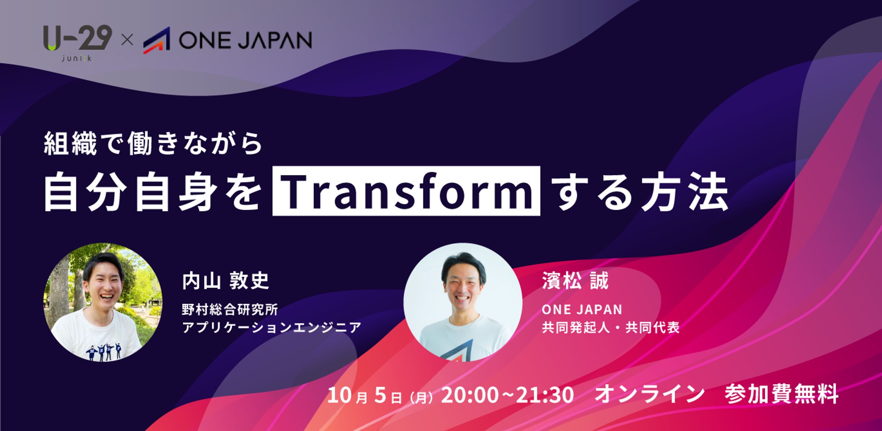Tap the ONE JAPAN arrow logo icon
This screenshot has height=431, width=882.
(156, 40)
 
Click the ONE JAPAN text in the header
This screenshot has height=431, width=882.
(245, 40)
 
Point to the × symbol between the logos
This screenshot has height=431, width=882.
(127, 40)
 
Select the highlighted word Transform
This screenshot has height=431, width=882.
(406, 191)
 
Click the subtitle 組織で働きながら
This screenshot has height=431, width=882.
(153, 144)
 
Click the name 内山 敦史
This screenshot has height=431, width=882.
(225, 281)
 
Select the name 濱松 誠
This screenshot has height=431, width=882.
(575, 281)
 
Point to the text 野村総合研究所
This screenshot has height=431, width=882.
(230, 310)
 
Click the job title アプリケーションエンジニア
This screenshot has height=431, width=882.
(271, 327)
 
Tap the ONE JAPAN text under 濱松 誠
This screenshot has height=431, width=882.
(582, 310)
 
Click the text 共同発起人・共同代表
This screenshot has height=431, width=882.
(611, 327)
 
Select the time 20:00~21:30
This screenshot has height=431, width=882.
(507, 394)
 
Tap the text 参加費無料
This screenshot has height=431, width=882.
(781, 394)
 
